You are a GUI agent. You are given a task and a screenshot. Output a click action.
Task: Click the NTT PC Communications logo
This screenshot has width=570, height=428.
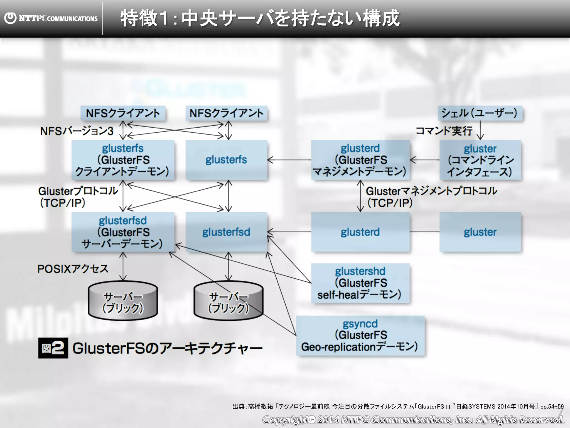coord(51,18)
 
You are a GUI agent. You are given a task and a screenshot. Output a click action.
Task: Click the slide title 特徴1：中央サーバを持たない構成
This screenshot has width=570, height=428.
coord(260,18)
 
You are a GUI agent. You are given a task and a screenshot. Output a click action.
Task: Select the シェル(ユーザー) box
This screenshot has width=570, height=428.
coord(480,113)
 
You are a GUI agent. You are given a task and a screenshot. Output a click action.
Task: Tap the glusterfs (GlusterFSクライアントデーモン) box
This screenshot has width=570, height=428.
coord(123,160)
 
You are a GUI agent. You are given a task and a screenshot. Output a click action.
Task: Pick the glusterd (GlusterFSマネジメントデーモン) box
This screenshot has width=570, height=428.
coord(360,160)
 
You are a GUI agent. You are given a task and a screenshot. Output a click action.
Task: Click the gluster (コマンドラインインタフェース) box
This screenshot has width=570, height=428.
coord(480,160)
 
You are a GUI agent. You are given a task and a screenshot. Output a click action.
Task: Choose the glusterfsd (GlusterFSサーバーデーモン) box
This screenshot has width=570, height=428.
coord(123,232)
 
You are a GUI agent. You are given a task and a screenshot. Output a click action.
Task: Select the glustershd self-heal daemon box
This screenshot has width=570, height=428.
coord(360,283)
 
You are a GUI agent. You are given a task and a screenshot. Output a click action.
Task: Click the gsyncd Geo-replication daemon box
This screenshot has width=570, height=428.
coord(360,335)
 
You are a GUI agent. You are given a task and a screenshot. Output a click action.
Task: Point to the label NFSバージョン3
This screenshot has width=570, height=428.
coord(77,131)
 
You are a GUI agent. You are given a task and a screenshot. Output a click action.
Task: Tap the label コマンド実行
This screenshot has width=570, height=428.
coord(444,131)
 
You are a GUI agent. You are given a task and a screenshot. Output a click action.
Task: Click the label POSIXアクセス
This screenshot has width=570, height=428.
coord(73,269)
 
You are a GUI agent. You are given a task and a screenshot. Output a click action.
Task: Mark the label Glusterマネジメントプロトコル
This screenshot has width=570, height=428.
coord(431,191)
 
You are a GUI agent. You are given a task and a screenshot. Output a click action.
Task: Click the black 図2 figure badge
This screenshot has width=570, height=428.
coord(53,348)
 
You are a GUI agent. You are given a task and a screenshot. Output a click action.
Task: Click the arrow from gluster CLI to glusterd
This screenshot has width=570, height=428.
coord(425,160)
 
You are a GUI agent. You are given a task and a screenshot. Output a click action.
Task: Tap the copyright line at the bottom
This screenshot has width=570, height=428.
coord(413,420)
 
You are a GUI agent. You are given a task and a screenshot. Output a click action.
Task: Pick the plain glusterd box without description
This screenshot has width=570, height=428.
coord(360,232)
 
